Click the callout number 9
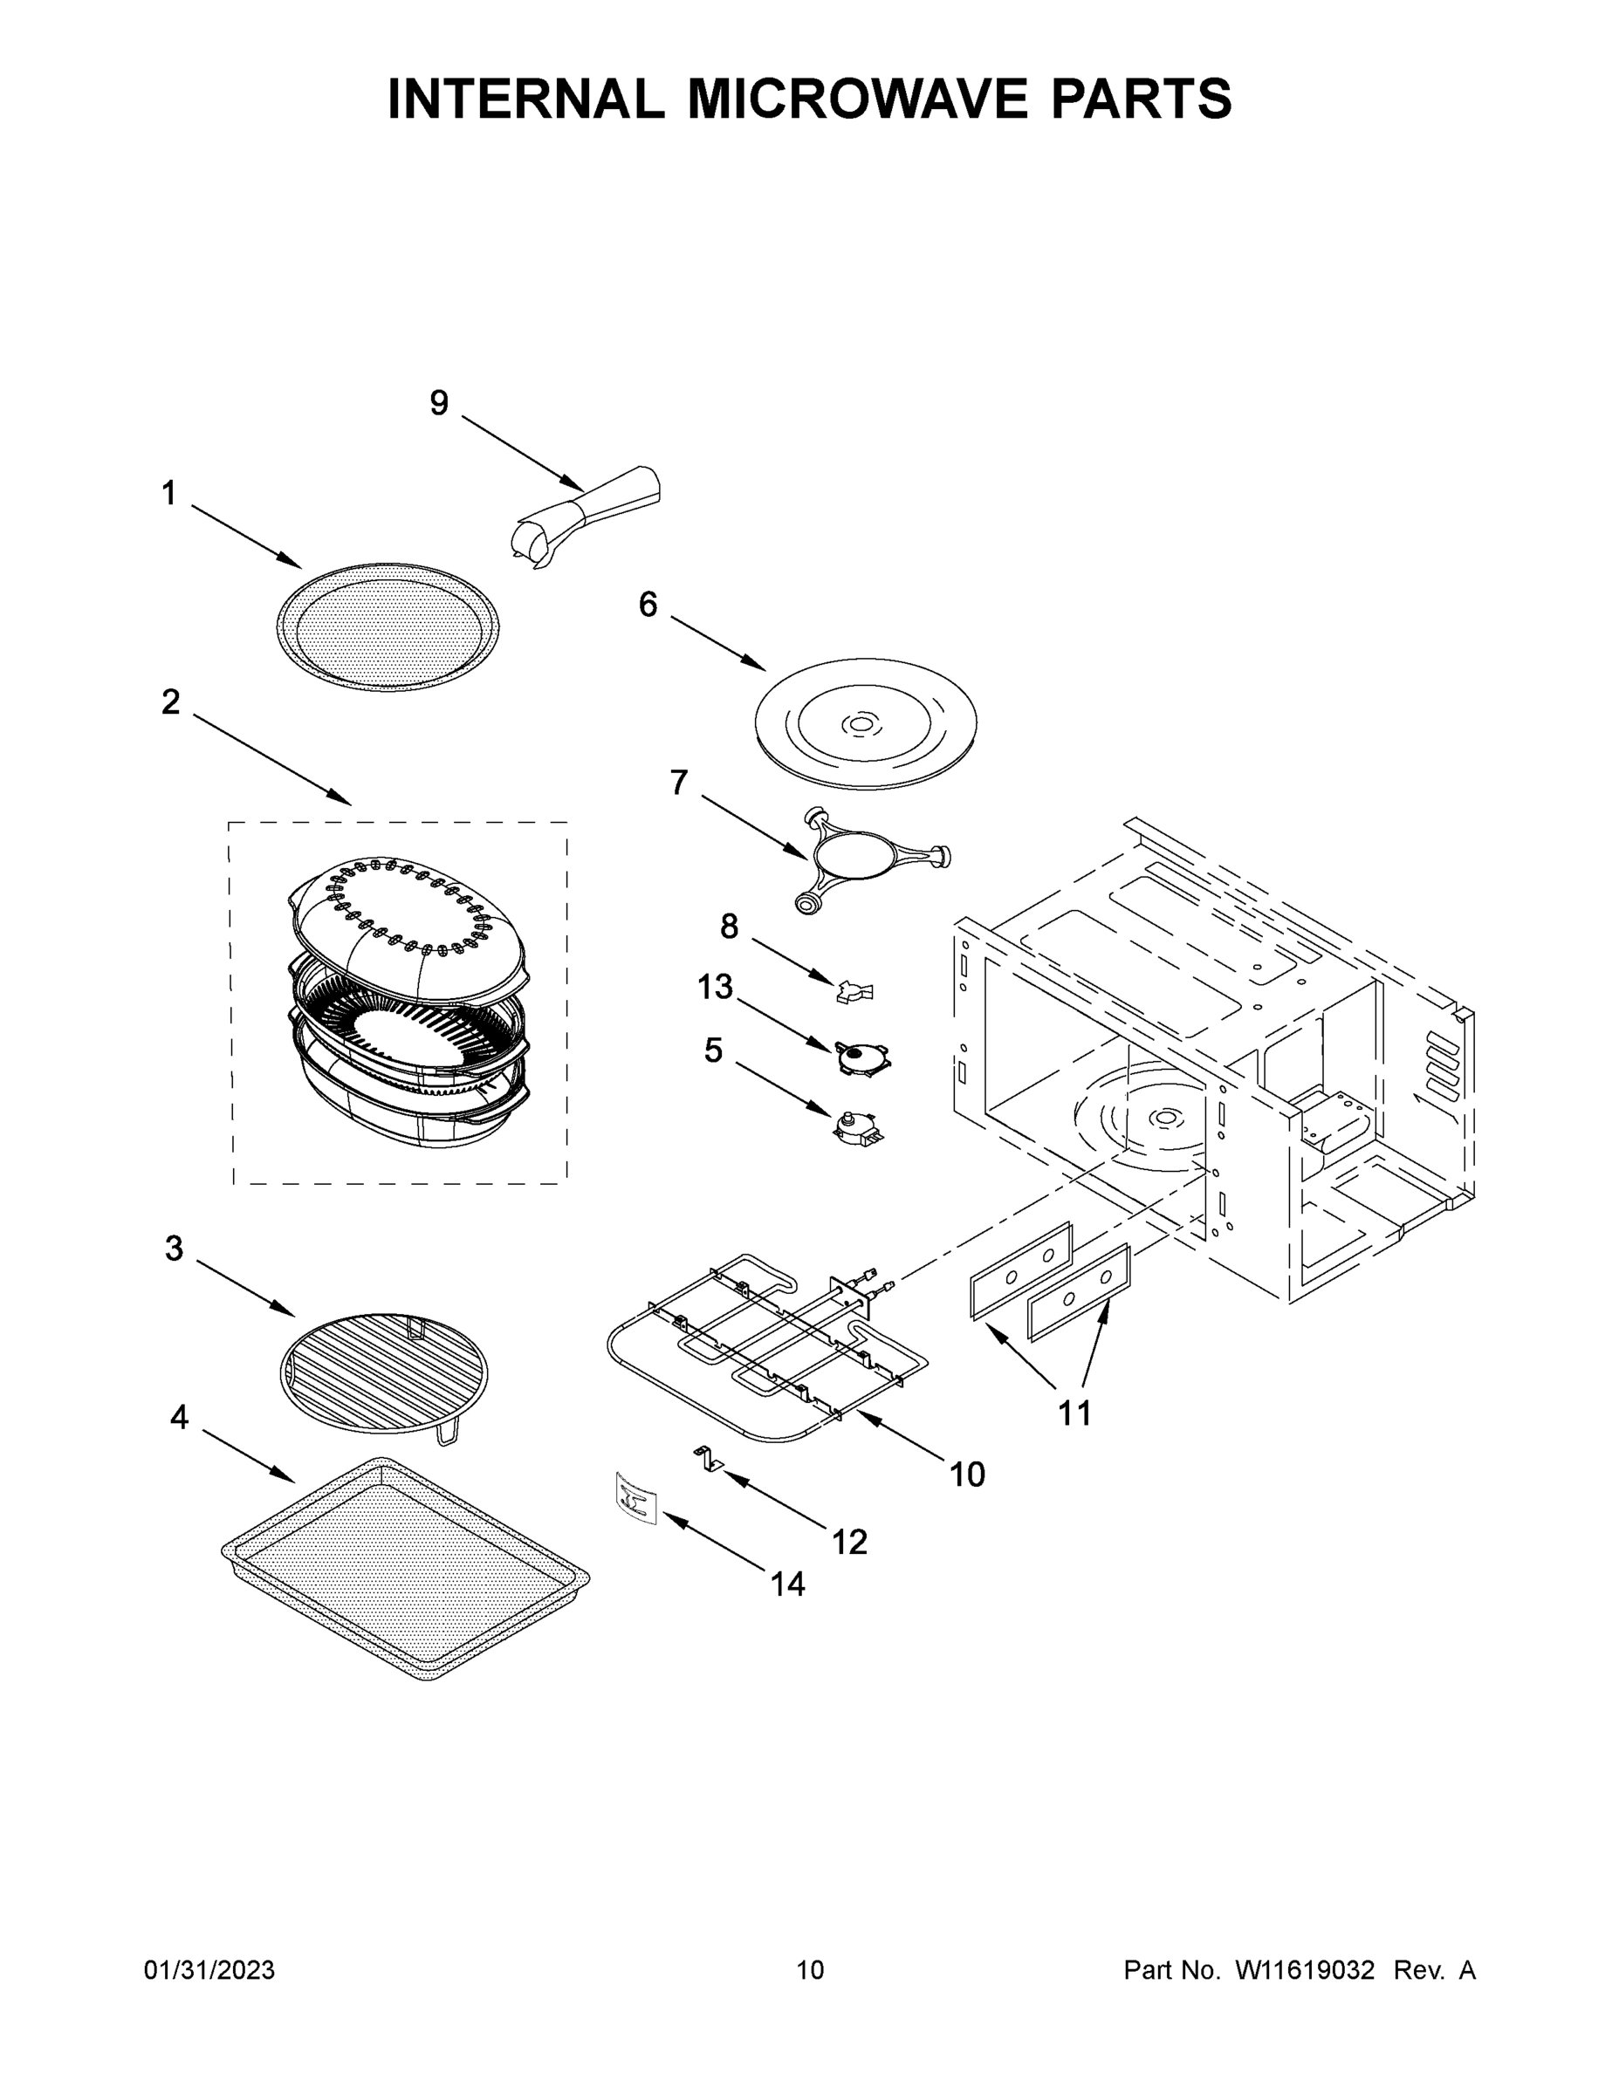(438, 404)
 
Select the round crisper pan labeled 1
(388, 626)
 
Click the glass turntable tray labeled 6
(865, 723)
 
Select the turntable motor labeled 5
(857, 1127)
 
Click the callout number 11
(1074, 1413)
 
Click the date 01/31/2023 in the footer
(209, 1969)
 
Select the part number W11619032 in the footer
(1305, 1969)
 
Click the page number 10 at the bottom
(810, 1969)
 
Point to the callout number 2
(171, 702)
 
